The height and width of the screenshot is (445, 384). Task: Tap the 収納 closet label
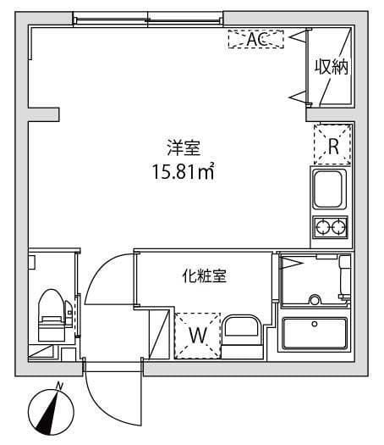332,67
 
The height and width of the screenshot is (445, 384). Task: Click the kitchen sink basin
331,189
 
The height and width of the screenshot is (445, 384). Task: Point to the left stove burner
322,227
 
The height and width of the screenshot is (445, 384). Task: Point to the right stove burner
339,227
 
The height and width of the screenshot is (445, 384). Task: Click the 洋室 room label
182,147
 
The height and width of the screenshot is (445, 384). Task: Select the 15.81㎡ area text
181,175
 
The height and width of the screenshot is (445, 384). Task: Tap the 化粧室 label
204,275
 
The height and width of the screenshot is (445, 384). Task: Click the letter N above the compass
59,387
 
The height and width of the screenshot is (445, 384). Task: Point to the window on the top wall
148,19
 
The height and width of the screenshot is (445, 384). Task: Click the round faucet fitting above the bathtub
314,298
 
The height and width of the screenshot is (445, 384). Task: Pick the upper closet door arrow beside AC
296,37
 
